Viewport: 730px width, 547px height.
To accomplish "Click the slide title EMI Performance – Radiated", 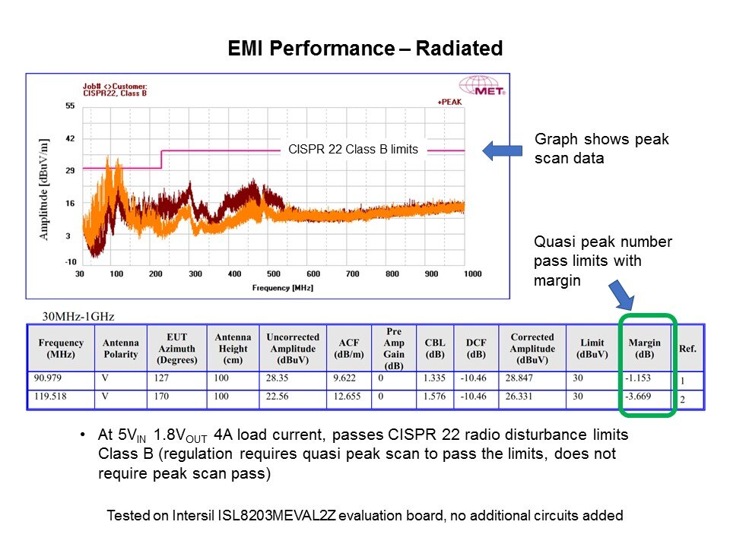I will (365, 49).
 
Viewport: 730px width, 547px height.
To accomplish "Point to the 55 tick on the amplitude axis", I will (69, 106).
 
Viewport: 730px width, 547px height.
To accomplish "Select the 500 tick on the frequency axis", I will (274, 273).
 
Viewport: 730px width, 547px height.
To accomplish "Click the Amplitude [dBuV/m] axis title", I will (45, 189).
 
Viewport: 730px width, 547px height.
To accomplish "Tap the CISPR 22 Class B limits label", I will (353, 150).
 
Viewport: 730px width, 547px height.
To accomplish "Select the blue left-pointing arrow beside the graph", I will (499, 150).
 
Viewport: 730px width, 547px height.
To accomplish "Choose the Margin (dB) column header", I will (646, 348).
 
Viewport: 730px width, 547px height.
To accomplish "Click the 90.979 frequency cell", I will (50, 378).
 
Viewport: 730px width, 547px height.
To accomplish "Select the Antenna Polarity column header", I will (120, 348).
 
